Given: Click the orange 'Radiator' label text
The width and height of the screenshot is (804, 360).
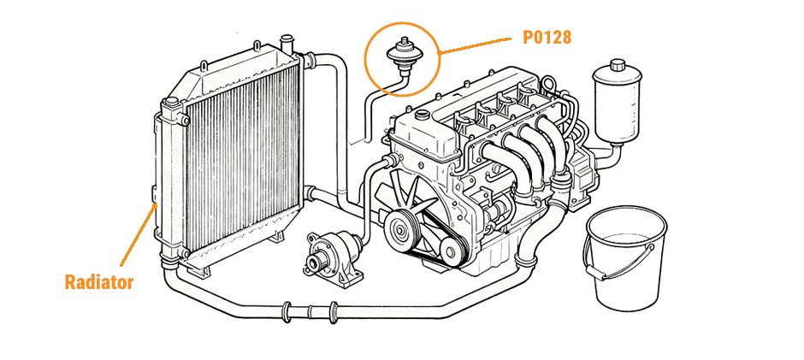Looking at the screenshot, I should [x=99, y=282].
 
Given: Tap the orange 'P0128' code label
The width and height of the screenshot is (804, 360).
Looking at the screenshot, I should [x=547, y=38].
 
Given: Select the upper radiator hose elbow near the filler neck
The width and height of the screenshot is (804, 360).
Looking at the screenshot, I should [x=329, y=62].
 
